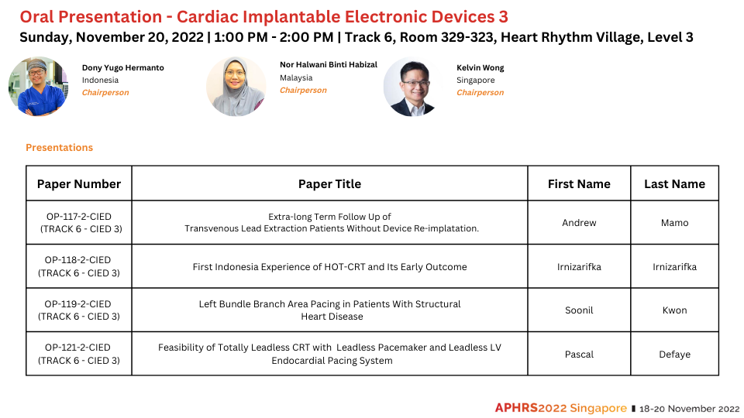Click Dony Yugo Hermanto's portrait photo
[x=39, y=87]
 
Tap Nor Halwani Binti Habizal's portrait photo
[x=236, y=87]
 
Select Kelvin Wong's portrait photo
[x=413, y=87]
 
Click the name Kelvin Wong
[x=480, y=68]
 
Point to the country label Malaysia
[x=296, y=77]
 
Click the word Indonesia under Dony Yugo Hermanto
[x=100, y=80]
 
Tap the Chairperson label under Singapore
[x=480, y=92]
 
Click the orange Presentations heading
[x=60, y=147]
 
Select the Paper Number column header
[x=79, y=184]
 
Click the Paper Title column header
[x=330, y=184]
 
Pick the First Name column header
[x=579, y=184]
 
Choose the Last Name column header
[x=675, y=184]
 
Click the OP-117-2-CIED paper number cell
[x=79, y=223]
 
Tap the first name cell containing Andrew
[x=579, y=223]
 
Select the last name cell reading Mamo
[x=675, y=223]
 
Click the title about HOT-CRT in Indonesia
[x=330, y=267]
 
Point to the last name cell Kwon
[x=675, y=310]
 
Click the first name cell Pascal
[x=579, y=355]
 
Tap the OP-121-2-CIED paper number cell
[x=79, y=354]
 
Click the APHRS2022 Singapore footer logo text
[x=561, y=408]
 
